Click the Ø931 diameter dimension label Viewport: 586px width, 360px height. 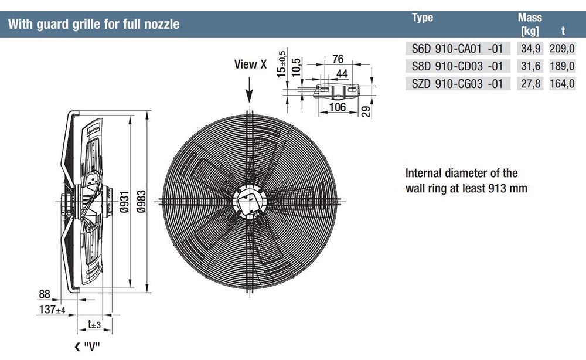[x=125, y=203]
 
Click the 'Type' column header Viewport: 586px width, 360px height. [x=423, y=18]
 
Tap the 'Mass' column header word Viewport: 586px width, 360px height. [x=530, y=18]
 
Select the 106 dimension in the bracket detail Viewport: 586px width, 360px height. [x=338, y=107]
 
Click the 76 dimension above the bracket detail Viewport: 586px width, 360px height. [x=338, y=59]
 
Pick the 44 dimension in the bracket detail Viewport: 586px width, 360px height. [x=343, y=73]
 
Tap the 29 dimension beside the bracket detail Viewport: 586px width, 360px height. [x=366, y=111]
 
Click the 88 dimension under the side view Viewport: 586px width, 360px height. [x=44, y=294]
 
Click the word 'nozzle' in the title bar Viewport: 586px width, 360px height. [x=162, y=25]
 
